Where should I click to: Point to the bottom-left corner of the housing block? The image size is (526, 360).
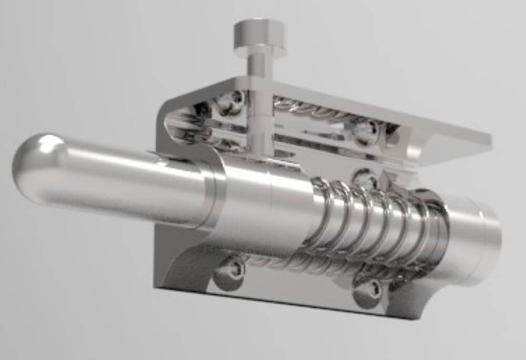pyautogui.click(x=158, y=284)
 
